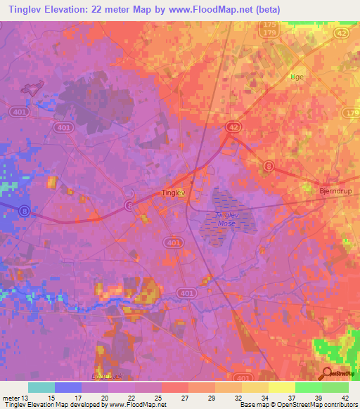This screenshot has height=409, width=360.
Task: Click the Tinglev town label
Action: [173, 192]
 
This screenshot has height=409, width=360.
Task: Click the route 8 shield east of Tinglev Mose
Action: [269, 165]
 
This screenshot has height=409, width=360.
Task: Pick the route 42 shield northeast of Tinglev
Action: [233, 125]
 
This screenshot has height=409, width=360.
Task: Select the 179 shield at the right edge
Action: [352, 112]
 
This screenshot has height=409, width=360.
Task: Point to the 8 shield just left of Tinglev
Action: [128, 204]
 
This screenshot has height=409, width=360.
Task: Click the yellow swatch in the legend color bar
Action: [281, 387]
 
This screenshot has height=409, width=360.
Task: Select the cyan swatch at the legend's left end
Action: [41, 387]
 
